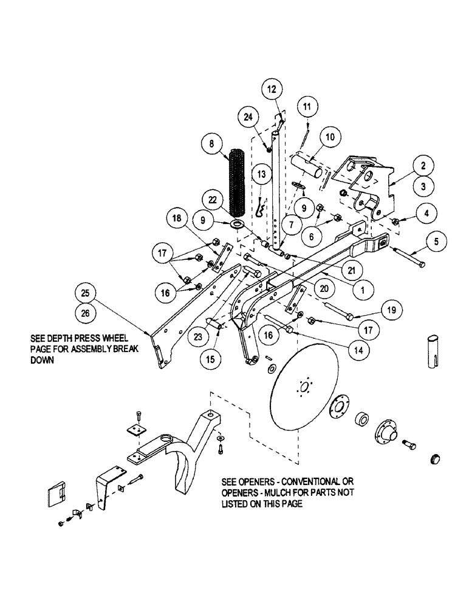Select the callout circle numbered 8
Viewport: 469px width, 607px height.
[x=212, y=144]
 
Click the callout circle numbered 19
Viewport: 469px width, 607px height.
[x=392, y=310]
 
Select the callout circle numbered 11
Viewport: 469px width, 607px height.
[x=307, y=106]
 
